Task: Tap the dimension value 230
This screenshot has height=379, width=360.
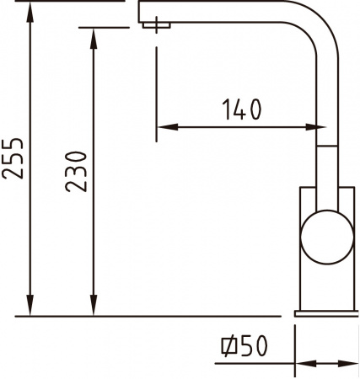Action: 76,171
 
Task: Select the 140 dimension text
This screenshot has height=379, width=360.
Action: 242,109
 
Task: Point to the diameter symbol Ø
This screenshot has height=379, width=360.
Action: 228,345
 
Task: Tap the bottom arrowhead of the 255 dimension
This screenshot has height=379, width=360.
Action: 32,308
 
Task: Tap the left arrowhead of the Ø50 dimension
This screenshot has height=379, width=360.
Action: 287,365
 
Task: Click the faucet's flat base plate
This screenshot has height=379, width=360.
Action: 327,312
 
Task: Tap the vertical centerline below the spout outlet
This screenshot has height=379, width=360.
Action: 157,84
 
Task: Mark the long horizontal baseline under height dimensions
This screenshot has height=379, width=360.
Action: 126,317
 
